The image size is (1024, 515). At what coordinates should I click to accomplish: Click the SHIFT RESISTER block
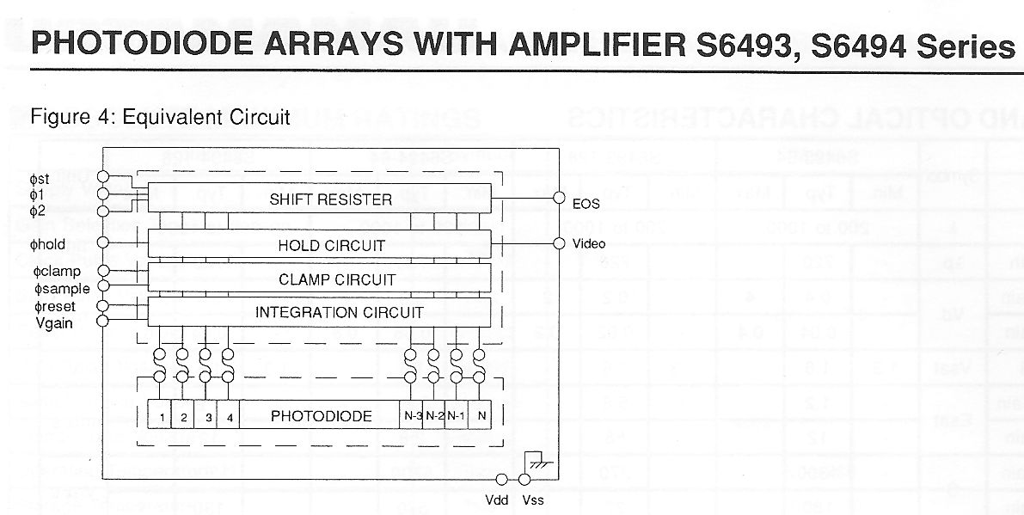pyautogui.click(x=330, y=199)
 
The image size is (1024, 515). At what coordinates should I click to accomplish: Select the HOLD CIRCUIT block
pyautogui.click(x=331, y=245)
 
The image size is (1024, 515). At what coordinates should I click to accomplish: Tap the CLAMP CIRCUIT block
pyautogui.click(x=336, y=279)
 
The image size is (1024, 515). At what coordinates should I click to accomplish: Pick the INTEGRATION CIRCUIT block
pyautogui.click(x=339, y=312)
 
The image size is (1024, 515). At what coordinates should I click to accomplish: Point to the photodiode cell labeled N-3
pyautogui.click(x=412, y=416)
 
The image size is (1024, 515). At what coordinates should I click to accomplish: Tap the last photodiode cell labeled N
pyautogui.click(x=481, y=416)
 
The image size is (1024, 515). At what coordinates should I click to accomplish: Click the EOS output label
pyautogui.click(x=586, y=204)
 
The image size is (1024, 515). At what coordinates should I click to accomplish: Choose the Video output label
pyautogui.click(x=589, y=244)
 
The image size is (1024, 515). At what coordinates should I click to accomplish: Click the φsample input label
pyautogui.click(x=62, y=289)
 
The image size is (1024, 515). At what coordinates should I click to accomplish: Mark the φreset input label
pyautogui.click(x=54, y=306)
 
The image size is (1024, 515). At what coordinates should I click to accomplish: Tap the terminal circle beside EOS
pyautogui.click(x=559, y=198)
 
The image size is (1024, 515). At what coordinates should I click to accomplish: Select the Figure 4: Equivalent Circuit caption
pyautogui.click(x=160, y=116)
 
